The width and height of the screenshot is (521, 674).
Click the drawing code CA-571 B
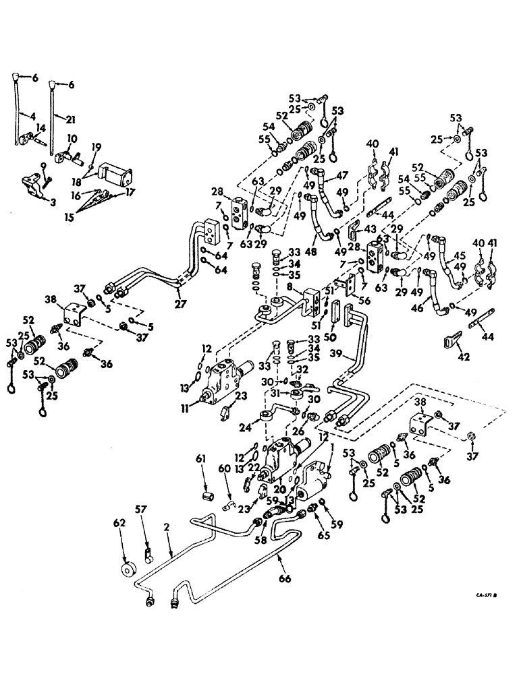pos(482,595)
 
